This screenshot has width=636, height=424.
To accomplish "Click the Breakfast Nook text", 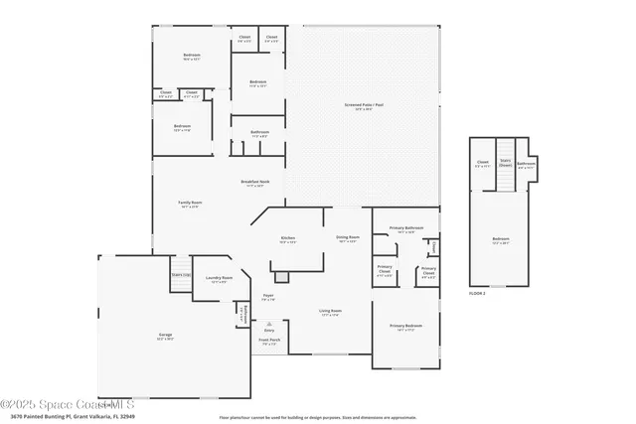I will (x=255, y=183).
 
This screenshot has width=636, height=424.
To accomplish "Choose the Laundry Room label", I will (x=220, y=279).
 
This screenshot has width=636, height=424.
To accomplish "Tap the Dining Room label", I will (x=347, y=238).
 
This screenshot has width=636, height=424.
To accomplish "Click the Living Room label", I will (x=330, y=313).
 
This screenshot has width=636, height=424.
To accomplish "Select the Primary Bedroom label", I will (x=405, y=327).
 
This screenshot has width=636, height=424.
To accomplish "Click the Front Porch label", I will (x=269, y=341).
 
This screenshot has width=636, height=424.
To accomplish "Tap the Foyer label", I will (x=268, y=297).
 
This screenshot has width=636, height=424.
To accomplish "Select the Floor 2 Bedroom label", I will (x=502, y=239).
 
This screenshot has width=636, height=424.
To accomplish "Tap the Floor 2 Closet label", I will (x=483, y=163).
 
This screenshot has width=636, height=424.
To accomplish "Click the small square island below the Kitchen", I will (x=281, y=277).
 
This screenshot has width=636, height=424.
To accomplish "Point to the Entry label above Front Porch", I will (x=269, y=330).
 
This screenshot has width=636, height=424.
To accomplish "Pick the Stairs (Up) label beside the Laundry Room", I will (x=180, y=274).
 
